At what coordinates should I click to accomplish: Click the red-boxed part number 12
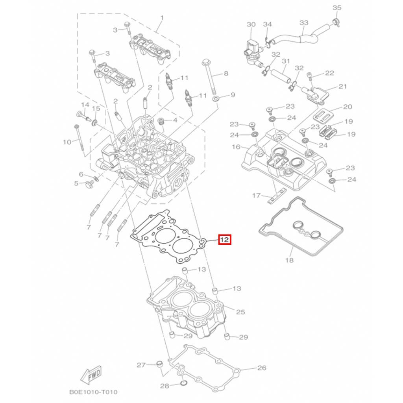point(225,240)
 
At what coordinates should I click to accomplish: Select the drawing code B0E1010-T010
point(93,392)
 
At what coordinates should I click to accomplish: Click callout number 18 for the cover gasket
point(289,260)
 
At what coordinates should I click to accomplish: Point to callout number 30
point(251,24)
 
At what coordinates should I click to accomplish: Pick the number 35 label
point(337,8)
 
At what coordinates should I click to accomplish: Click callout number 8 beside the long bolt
point(226,74)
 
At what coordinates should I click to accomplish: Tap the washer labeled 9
point(215,99)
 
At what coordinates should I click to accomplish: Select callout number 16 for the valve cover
point(236,147)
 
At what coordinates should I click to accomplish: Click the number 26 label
point(262,368)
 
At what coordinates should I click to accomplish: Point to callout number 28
point(165,386)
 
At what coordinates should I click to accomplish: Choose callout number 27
point(141,365)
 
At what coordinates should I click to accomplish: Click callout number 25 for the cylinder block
point(240,312)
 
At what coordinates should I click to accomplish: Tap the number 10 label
point(67,142)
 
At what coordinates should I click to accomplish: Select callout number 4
point(175,120)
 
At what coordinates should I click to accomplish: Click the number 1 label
point(162,18)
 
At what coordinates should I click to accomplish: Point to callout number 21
point(343,86)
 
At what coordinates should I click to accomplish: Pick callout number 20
point(348,107)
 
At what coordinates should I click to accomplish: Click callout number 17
point(256,196)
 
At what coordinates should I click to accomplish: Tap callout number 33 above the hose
point(304,22)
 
